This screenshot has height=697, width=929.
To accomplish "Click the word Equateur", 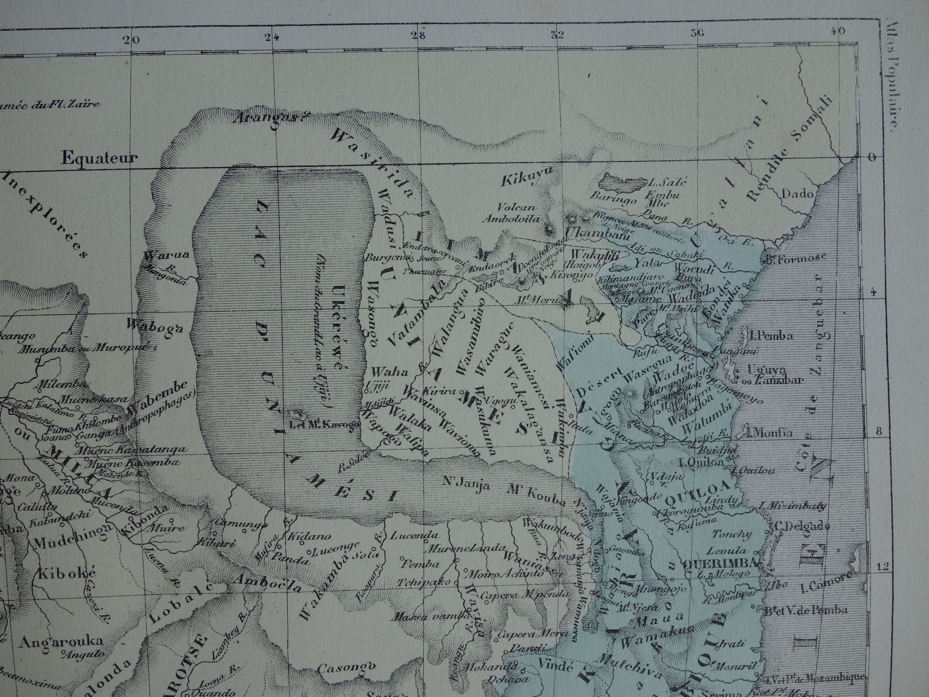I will (99, 158).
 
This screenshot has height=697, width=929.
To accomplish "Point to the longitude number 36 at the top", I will (697, 33).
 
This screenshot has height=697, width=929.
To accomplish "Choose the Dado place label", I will (798, 194).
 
